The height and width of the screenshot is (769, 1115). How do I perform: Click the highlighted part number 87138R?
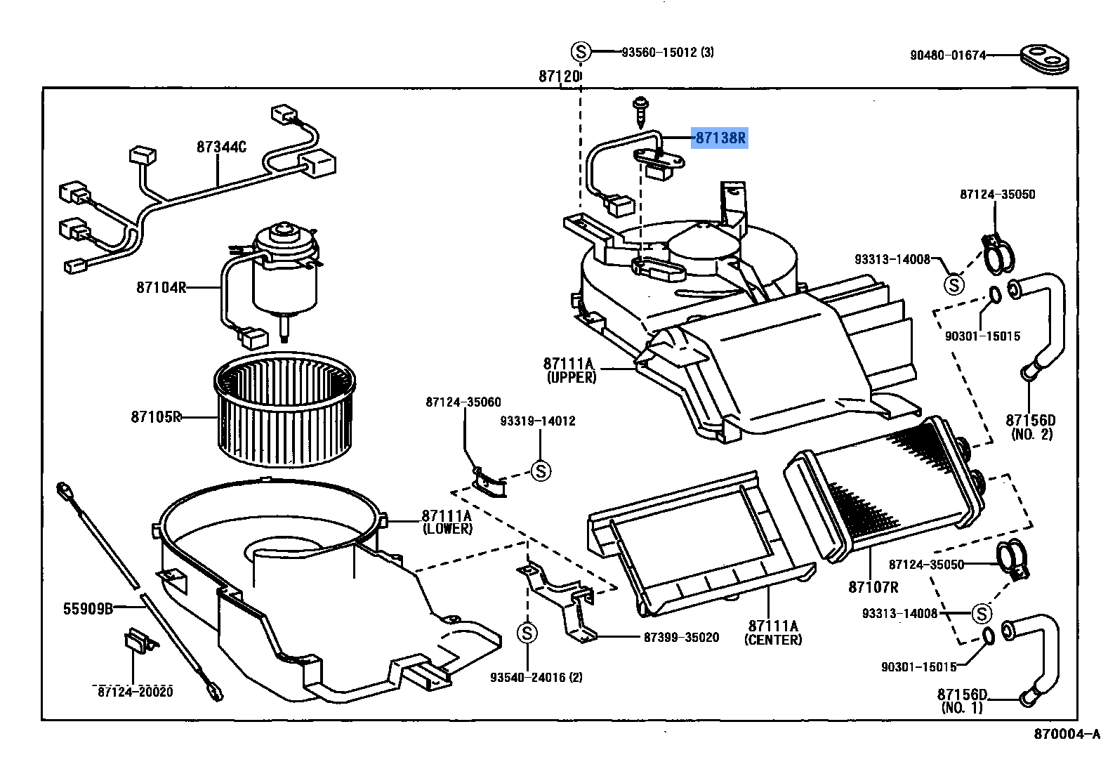tap(720, 138)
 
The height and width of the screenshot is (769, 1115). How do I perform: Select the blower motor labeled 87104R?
tap(284, 270)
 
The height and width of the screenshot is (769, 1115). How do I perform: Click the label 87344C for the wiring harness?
tap(221, 147)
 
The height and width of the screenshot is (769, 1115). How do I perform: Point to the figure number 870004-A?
tap(1066, 735)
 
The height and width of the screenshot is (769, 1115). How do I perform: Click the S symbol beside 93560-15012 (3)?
tap(581, 51)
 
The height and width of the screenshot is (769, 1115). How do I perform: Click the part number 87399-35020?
tap(681, 638)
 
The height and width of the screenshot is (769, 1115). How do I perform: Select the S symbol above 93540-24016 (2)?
tap(527, 633)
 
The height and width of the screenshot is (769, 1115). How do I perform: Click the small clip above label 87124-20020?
tap(138, 641)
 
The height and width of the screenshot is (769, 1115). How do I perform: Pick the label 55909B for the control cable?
tap(88, 609)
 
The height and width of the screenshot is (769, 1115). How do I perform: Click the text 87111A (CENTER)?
tap(773, 632)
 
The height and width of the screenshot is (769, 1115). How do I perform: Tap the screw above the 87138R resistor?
tap(640, 107)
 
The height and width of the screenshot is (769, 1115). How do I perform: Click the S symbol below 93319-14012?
tap(541, 471)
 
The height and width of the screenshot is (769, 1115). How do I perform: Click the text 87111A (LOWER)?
tap(447, 522)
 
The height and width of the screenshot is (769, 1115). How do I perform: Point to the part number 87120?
tap(560, 76)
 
